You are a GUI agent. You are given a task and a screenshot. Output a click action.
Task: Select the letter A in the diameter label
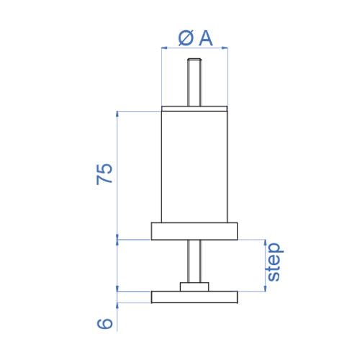coord(205,38)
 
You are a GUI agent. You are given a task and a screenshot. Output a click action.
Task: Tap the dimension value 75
coord(105,174)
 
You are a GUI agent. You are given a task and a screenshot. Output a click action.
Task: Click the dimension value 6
coord(105,323)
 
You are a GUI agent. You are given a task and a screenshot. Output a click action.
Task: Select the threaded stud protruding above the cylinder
coord(194,83)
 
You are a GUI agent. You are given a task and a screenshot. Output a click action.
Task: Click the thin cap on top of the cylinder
coord(194,109)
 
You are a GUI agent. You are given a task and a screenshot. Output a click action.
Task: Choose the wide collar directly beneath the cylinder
coord(194,231)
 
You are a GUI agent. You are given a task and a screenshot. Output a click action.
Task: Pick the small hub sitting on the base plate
coord(194,287)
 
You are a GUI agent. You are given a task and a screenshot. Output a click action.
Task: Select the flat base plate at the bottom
coord(194,297)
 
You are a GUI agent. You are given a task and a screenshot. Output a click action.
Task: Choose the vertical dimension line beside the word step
coord(266,265)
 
